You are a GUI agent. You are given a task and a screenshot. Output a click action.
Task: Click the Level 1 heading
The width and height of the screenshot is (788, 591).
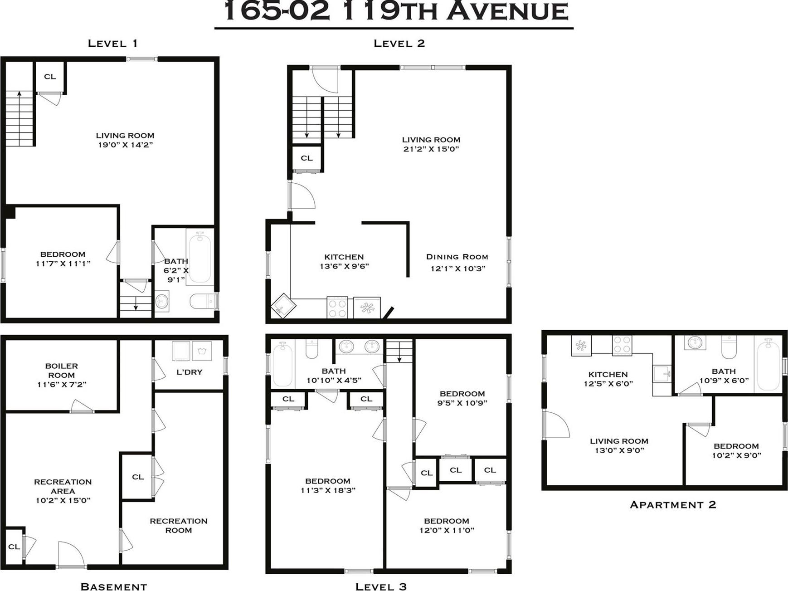click(112, 44)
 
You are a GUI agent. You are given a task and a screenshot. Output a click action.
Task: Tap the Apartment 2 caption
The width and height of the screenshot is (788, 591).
click(673, 504)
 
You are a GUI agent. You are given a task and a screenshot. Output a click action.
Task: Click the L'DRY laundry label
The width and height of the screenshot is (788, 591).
click(189, 372)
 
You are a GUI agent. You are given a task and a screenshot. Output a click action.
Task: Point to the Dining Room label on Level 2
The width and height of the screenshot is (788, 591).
click(457, 257)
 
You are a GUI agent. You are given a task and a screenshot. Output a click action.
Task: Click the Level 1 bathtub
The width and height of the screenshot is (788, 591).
click(199, 257)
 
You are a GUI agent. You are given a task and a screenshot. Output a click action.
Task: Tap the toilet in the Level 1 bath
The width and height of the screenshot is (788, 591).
click(202, 301)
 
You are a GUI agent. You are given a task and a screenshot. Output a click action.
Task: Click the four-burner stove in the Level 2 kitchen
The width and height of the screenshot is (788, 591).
click(337, 308)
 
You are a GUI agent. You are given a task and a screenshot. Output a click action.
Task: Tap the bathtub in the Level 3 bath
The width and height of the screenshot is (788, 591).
click(282, 364)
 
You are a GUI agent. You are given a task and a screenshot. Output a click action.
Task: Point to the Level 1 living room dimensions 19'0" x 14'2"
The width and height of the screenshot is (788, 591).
click(125, 145)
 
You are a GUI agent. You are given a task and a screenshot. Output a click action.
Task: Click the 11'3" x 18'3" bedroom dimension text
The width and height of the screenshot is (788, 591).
click(328, 490)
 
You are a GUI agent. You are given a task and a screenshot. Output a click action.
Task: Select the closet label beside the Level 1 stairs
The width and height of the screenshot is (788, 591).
click(50, 77)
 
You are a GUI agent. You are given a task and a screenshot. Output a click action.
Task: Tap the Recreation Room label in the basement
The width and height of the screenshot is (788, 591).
click(179, 525)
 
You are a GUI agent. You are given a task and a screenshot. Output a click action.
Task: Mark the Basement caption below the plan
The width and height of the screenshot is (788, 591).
click(113, 586)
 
